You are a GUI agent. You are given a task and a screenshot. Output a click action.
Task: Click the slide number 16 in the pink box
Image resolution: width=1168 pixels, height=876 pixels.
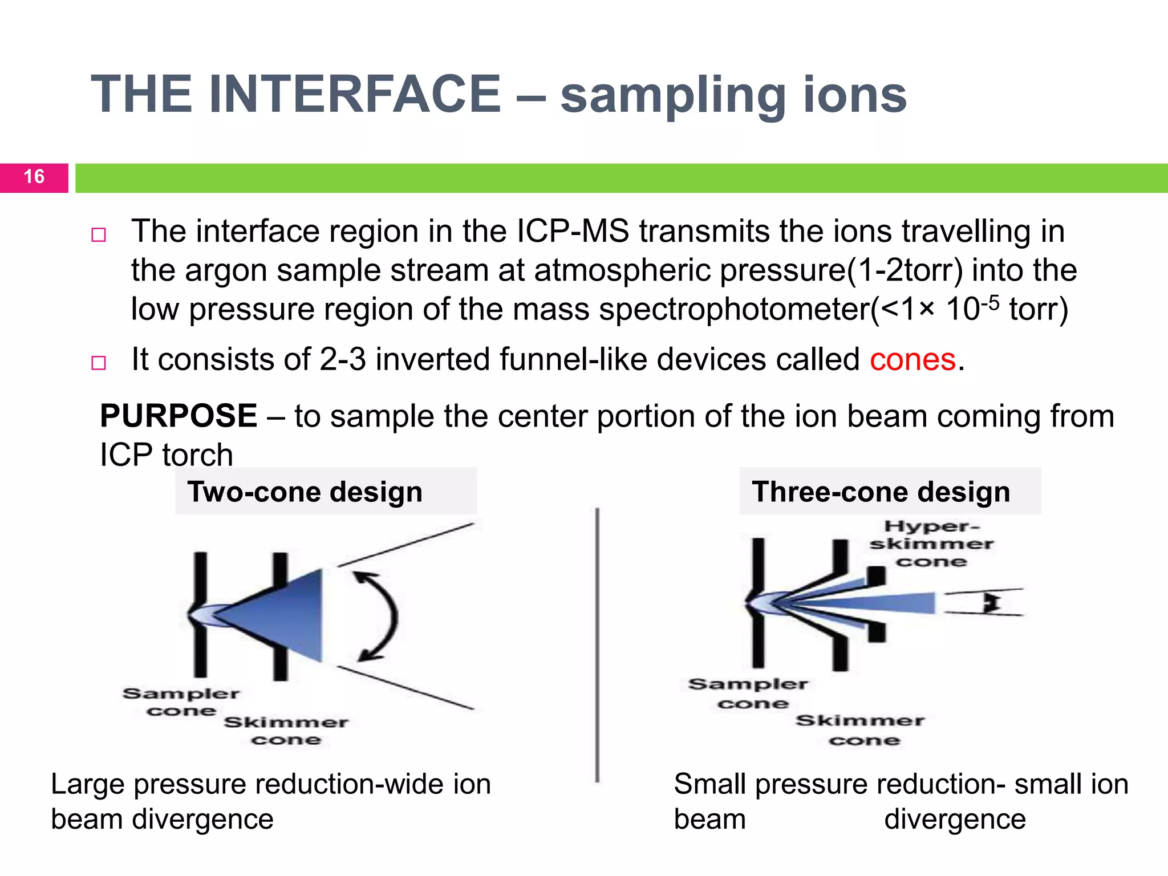pos(34,177)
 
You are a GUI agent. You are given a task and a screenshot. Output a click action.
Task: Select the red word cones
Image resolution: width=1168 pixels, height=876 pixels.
pos(912,360)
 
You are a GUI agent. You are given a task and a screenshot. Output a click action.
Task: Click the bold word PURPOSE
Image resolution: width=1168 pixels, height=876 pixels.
pos(179,416)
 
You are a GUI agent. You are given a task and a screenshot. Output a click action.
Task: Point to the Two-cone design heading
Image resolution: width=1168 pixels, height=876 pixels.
pos(305,492)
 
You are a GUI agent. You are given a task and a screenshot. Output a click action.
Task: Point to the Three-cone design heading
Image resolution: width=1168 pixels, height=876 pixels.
pos(881,492)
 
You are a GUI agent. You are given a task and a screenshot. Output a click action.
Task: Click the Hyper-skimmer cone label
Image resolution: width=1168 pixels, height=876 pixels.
pos(931,544)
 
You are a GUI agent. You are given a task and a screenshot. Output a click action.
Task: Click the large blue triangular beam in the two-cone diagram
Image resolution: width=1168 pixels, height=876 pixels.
pos(285,616)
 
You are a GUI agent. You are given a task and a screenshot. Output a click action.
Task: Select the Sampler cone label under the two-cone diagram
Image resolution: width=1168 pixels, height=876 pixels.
pos(181,702)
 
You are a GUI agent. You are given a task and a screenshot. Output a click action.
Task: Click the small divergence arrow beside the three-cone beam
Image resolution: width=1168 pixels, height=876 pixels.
pos(992,602)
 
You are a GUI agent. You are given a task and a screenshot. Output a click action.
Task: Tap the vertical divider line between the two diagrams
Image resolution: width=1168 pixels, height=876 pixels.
pos(597,644)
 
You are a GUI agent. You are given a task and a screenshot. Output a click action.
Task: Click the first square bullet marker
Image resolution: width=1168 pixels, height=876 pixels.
pos(99,235)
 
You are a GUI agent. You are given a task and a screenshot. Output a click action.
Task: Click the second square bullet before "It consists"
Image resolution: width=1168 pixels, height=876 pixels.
pos(99,363)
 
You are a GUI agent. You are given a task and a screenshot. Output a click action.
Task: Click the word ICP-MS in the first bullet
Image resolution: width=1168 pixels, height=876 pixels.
pos(573,232)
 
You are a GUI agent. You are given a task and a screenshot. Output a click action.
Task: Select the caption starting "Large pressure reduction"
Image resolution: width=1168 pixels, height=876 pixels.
pos(270,801)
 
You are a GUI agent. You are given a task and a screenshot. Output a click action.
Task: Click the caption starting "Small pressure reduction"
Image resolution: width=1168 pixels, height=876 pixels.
pos(901,801)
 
